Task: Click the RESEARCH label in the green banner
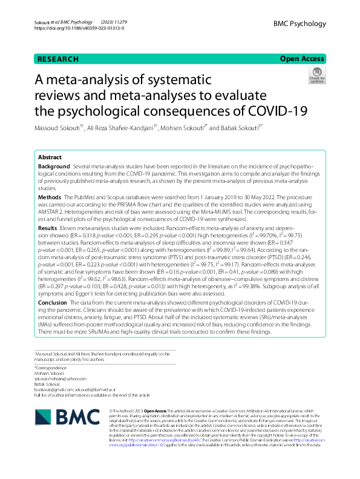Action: coord(58,59)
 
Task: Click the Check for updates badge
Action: coord(316,76)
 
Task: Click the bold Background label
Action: coord(53,166)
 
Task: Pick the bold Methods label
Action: coord(49,197)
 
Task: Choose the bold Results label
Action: coord(48,228)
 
